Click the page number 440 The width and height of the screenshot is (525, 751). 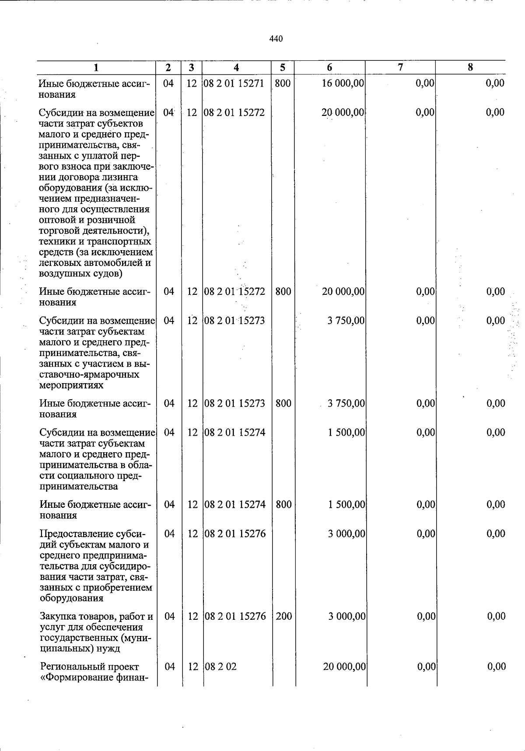click(x=276, y=39)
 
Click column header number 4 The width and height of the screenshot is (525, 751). click(x=237, y=67)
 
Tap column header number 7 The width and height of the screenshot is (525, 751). click(x=400, y=67)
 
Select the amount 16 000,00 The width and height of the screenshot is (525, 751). click(x=343, y=83)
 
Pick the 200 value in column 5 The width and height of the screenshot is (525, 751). click(x=284, y=616)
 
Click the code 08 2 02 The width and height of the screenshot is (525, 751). click(x=220, y=667)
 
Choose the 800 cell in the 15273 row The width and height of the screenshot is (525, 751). click(x=283, y=403)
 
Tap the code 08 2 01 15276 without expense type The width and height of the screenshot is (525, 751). click(x=235, y=534)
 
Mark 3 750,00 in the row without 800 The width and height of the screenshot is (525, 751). click(x=346, y=321)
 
